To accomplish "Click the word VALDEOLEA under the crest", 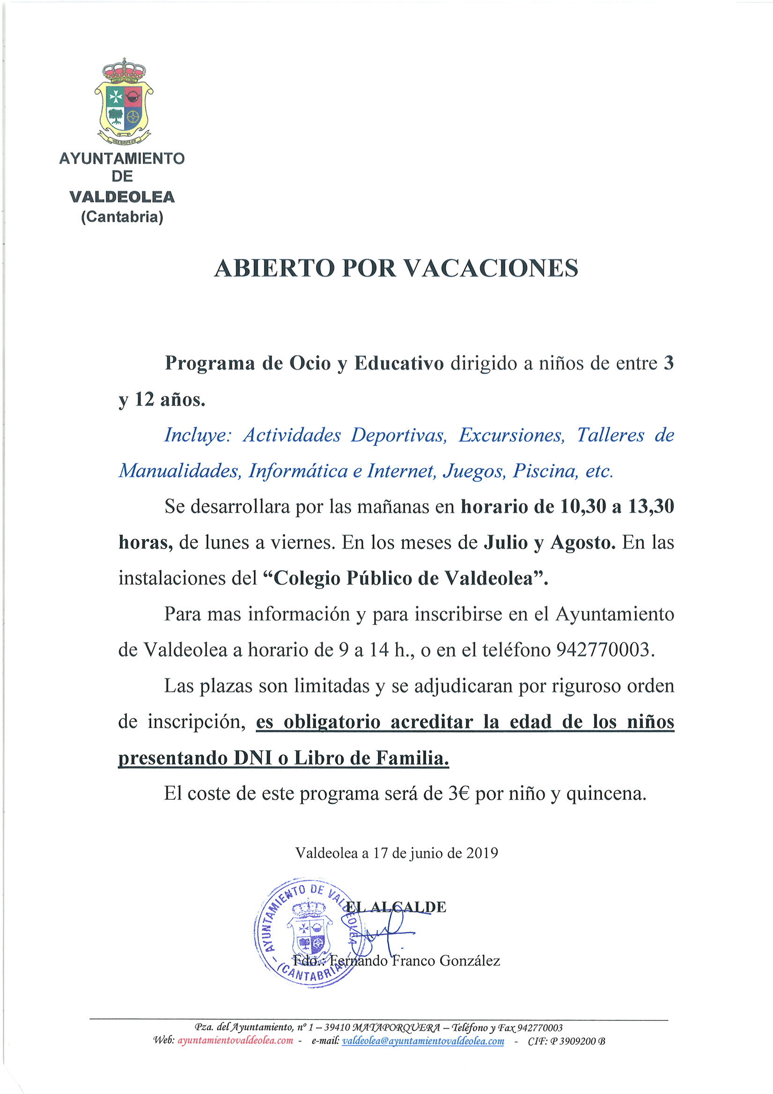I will [x=122, y=197].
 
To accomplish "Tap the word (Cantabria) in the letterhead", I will [x=122, y=217].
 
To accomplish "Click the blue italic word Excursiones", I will [x=512, y=435].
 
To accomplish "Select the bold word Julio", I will [x=506, y=542].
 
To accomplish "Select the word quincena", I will [x=606, y=793].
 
